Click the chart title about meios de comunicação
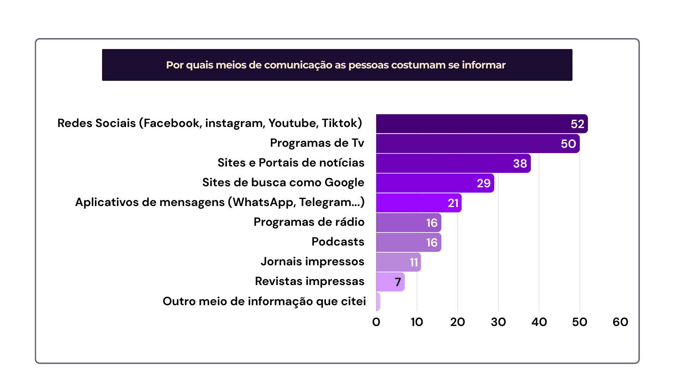(x=336, y=65)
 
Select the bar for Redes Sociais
(x=473, y=124)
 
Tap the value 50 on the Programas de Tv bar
(x=568, y=144)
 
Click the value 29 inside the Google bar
(x=483, y=183)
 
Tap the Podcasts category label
(x=338, y=242)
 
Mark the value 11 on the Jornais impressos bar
(x=414, y=262)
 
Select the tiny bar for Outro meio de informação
(x=378, y=302)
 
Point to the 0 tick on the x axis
(x=376, y=322)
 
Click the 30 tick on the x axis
(x=498, y=322)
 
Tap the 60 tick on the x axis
(x=620, y=322)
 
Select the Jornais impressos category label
(x=313, y=261)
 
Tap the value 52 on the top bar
(x=577, y=124)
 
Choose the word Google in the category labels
(x=344, y=183)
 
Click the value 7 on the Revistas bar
(x=398, y=282)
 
